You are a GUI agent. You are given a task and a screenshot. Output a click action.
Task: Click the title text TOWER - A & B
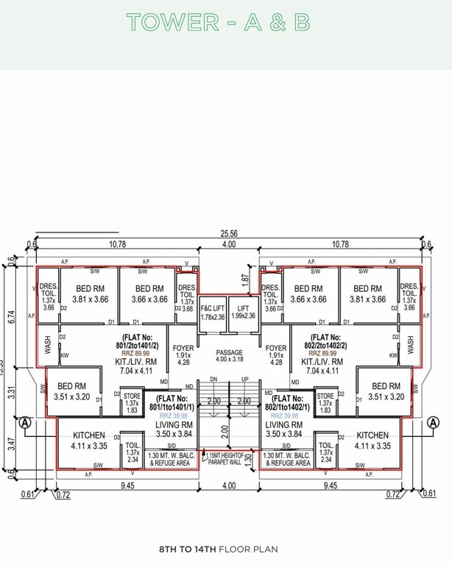(x=219, y=22)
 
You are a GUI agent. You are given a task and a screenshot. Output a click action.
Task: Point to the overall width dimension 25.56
(x=227, y=233)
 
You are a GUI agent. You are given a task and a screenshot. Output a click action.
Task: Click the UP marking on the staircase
(x=244, y=379)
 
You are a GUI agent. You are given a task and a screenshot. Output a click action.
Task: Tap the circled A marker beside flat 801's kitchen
(x=24, y=422)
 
